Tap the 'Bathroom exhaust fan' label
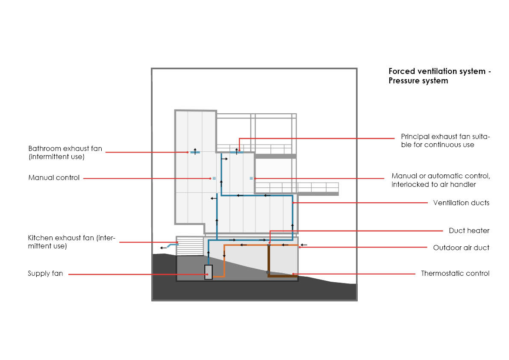[x=65, y=153]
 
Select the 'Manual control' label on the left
[x=54, y=178]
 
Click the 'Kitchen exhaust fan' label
[x=72, y=242]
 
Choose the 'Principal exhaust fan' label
[x=445, y=141]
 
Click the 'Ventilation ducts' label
[x=461, y=203]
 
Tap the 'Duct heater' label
[x=469, y=231]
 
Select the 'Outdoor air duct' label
[x=461, y=248]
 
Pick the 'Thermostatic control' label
[x=455, y=274]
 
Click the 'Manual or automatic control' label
[x=440, y=180]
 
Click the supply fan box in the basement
[x=209, y=272]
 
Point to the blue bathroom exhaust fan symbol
[x=195, y=152]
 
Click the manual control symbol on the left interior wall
[x=215, y=178]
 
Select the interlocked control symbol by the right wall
[x=251, y=178]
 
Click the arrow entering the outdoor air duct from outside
[x=303, y=245]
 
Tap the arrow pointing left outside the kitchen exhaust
[x=163, y=248]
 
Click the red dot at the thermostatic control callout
[x=293, y=274]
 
